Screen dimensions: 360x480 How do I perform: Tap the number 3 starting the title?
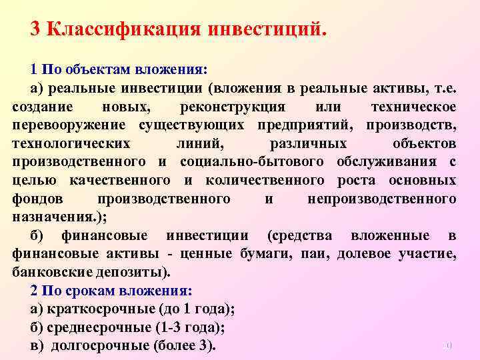[x=36, y=29]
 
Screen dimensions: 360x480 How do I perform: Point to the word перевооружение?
[x=69, y=125]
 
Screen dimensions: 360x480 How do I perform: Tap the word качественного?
[x=119, y=180]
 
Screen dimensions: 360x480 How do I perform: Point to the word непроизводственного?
[x=382, y=199]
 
